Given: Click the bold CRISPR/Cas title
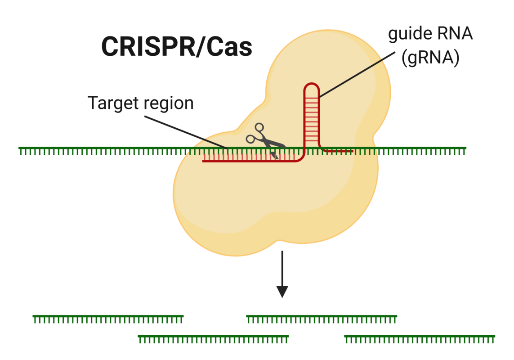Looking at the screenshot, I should point(176,46).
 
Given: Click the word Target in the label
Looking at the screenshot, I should point(112,103).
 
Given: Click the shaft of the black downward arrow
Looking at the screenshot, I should point(282,268).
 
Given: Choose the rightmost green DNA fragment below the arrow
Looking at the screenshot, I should point(419,337).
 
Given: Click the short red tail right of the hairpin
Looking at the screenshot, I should point(340,151).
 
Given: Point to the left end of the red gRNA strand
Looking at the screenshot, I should point(205,161).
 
